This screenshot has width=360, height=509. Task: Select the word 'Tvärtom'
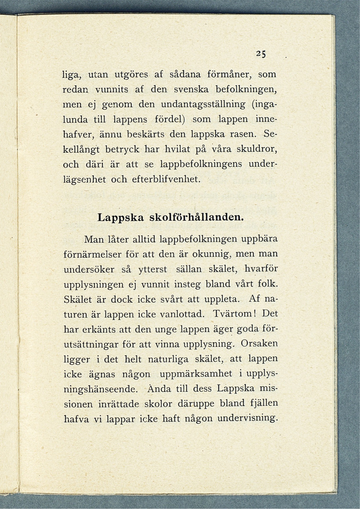tap(235, 314)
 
